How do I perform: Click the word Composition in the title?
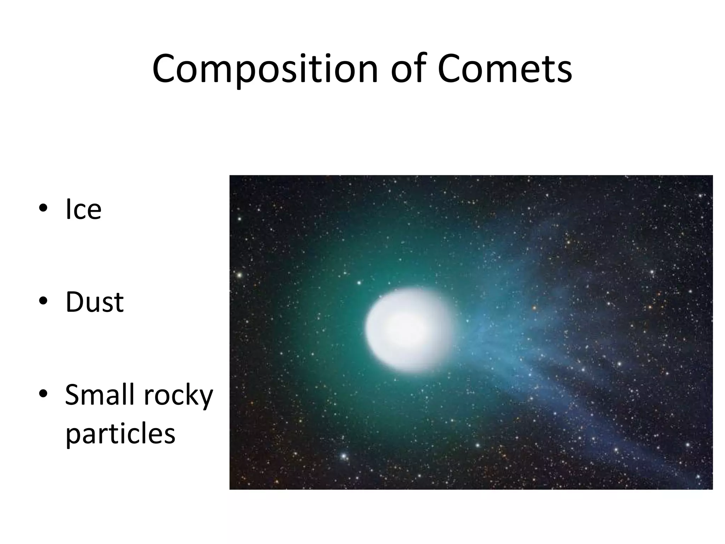tap(265, 69)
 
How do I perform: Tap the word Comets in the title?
tap(504, 69)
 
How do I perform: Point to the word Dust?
tap(95, 302)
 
